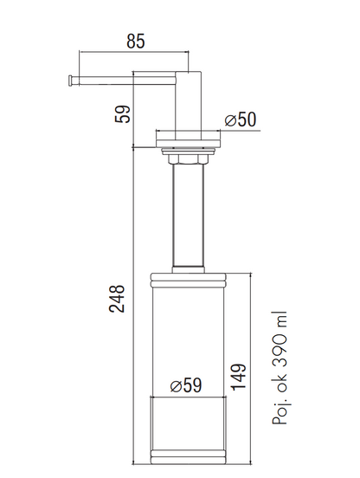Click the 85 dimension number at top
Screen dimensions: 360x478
[x=136, y=42]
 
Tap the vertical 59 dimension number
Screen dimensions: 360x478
[x=122, y=114]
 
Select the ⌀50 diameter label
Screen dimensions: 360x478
[x=241, y=119]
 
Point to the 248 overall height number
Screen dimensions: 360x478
[x=117, y=299]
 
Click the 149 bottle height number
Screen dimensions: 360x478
[x=239, y=377]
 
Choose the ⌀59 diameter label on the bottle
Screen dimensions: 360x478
[x=186, y=385]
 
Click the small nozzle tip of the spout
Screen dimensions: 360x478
[x=71, y=81]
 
